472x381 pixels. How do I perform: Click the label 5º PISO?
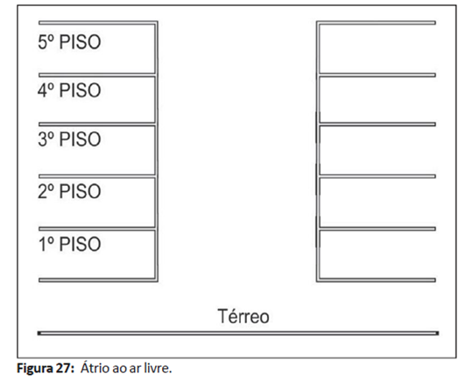click(x=69, y=42)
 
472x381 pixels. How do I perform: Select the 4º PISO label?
click(x=69, y=90)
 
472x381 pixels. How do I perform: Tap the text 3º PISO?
click(x=69, y=139)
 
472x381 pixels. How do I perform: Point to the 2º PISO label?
click(x=69, y=191)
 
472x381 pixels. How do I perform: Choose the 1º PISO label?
click(x=69, y=244)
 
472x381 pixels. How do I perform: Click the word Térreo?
click(x=243, y=316)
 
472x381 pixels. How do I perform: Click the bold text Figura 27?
click(x=46, y=369)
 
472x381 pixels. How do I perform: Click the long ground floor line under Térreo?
click(x=238, y=333)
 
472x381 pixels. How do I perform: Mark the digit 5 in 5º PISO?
click(x=42, y=42)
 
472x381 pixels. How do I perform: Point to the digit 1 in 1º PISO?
click(x=42, y=244)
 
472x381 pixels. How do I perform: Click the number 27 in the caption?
click(x=63, y=369)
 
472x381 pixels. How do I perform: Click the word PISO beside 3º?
click(x=80, y=139)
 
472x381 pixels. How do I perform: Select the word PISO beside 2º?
click(x=80, y=191)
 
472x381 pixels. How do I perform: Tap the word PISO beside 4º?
click(x=80, y=90)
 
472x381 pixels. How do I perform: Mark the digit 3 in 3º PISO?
click(x=42, y=139)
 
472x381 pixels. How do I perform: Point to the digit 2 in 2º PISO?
click(x=42, y=191)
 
